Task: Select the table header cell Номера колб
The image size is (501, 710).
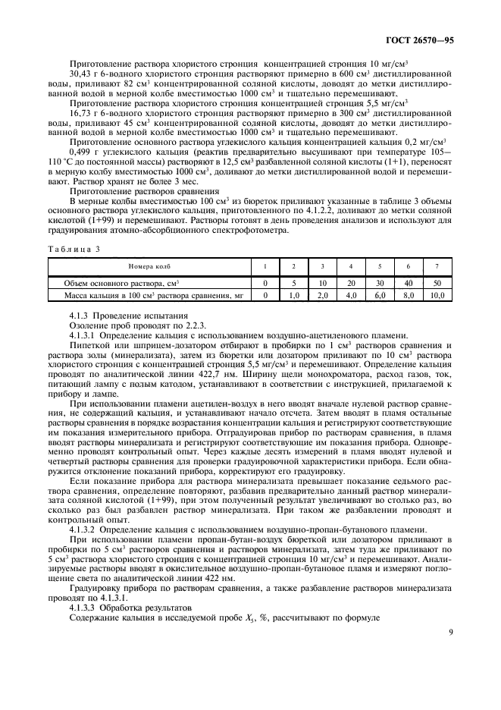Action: (x=149, y=266)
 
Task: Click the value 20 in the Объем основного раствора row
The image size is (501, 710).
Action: (x=350, y=282)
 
